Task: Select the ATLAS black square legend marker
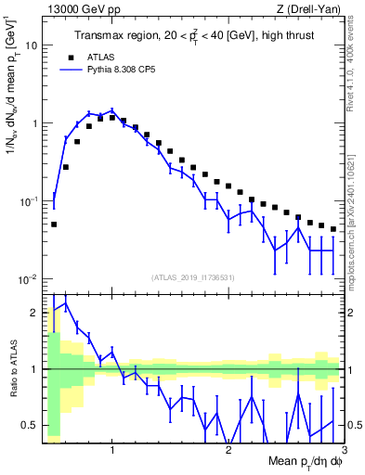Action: point(85,57)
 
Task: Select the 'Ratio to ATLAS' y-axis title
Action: point(12,369)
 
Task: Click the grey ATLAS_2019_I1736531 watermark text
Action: point(193,277)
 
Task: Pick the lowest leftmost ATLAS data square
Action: point(54,224)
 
